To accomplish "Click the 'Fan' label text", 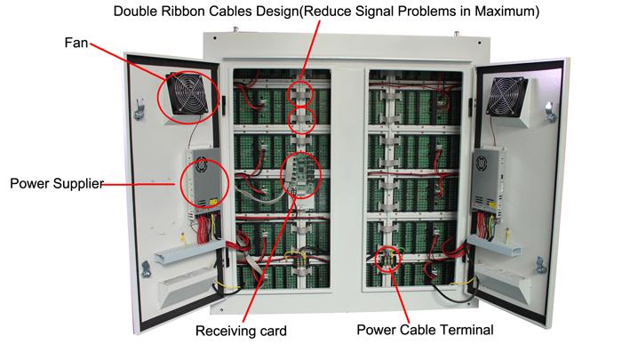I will coord(75,42).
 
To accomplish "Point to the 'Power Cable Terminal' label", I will coord(424,330).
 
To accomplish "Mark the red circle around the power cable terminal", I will coord(388,260).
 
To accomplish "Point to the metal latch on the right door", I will coord(548,110).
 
